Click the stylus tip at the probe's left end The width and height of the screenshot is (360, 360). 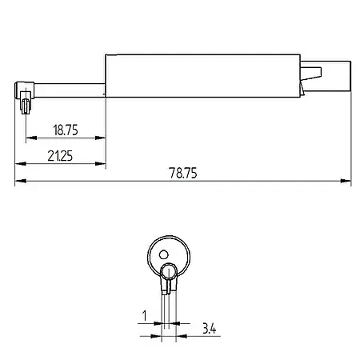tap(26, 103)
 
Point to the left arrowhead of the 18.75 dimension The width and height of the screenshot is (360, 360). tap(30, 138)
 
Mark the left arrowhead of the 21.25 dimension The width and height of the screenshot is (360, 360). tap(19, 164)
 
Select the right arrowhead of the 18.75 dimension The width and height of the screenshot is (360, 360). tap(102, 138)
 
